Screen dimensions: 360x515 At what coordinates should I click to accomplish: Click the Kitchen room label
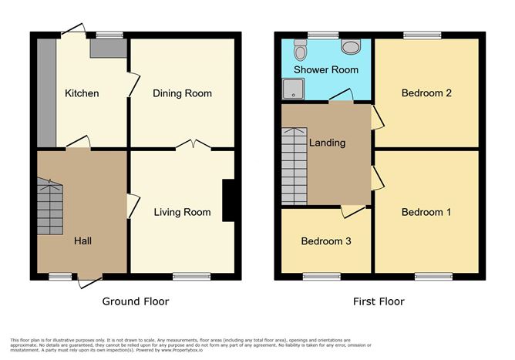(x=82, y=93)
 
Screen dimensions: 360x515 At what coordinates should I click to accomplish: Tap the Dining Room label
(x=182, y=93)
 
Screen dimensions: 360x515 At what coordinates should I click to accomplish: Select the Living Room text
(x=182, y=212)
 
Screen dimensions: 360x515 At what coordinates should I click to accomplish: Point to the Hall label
(x=82, y=241)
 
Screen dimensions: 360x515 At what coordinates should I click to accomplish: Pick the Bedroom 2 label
(x=426, y=93)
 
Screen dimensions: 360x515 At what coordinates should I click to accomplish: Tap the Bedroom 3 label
(x=326, y=241)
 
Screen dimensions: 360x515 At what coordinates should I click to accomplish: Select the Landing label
(x=327, y=143)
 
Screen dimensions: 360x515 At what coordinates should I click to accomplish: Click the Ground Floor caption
(x=136, y=301)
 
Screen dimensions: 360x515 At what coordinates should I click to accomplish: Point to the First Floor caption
(x=378, y=301)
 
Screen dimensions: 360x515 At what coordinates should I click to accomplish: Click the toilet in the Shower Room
(x=301, y=50)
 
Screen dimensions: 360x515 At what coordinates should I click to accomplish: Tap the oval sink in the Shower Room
(x=351, y=47)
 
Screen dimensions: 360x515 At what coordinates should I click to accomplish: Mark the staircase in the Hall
(x=49, y=205)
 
